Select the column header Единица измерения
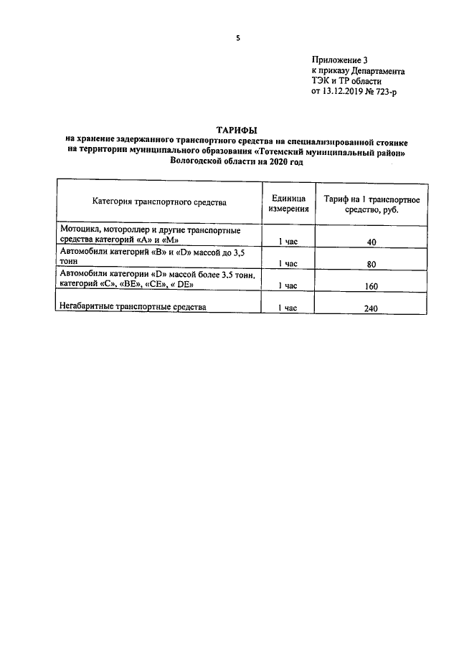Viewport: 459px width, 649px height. pyautogui.click(x=289, y=203)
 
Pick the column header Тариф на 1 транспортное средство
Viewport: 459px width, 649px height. pyautogui.click(x=371, y=203)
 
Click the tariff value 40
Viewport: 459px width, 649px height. pyautogui.click(x=371, y=242)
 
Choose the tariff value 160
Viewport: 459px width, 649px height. pyautogui.click(x=371, y=285)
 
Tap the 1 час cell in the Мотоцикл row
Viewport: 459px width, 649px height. pyautogui.click(x=288, y=242)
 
